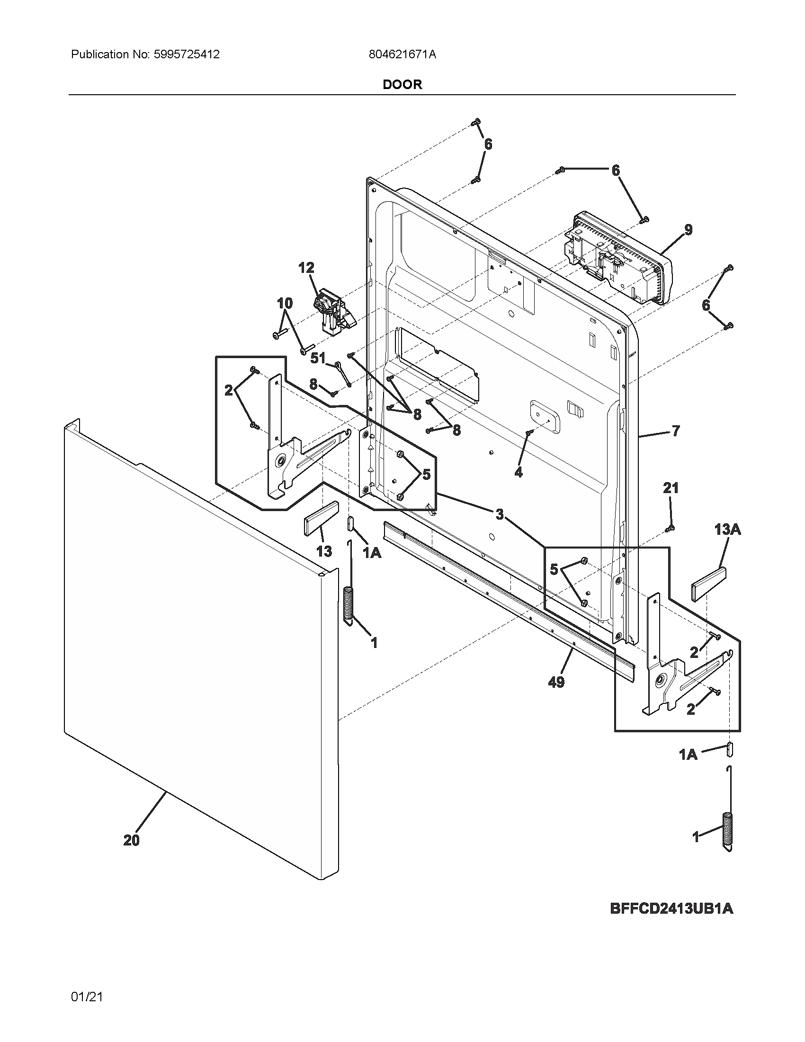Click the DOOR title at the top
402,84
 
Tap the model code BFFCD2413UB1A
671,908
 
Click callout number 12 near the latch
306,268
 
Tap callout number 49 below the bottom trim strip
556,682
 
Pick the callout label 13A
727,529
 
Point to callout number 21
671,487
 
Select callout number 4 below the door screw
519,472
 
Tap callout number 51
318,358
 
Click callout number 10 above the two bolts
285,303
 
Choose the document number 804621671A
402,54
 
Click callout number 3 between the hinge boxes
499,514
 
